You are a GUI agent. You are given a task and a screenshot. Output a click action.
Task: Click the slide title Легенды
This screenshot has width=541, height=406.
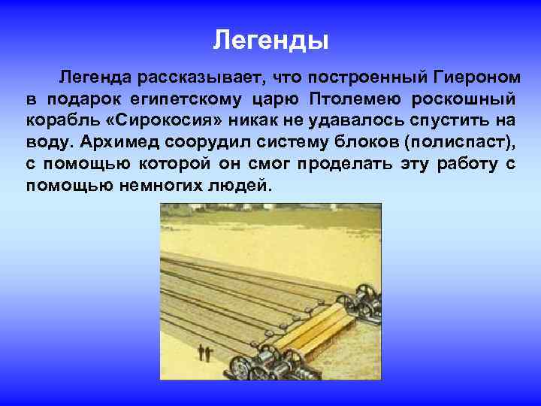point(270,39)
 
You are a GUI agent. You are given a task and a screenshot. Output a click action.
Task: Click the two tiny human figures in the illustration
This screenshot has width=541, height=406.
point(203,352)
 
